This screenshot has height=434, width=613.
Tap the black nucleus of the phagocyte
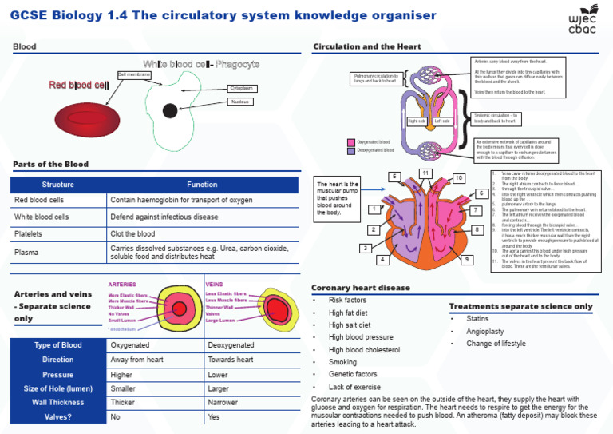click(x=169, y=110)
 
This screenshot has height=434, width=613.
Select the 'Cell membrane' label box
click(x=133, y=74)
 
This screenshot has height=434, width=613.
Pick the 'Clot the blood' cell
click(x=132, y=234)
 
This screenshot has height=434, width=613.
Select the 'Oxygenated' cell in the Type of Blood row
click(x=130, y=345)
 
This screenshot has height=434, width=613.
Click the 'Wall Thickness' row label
click(x=57, y=403)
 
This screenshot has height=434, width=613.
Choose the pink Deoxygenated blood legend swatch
click(x=350, y=149)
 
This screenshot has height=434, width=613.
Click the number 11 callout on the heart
click(x=426, y=173)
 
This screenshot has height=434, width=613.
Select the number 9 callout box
click(x=466, y=260)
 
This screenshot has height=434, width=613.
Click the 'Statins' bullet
click(x=477, y=318)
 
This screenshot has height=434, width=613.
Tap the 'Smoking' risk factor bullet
click(x=343, y=362)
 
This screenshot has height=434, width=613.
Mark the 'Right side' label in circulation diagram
click(x=416, y=121)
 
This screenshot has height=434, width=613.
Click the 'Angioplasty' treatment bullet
click(x=484, y=331)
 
